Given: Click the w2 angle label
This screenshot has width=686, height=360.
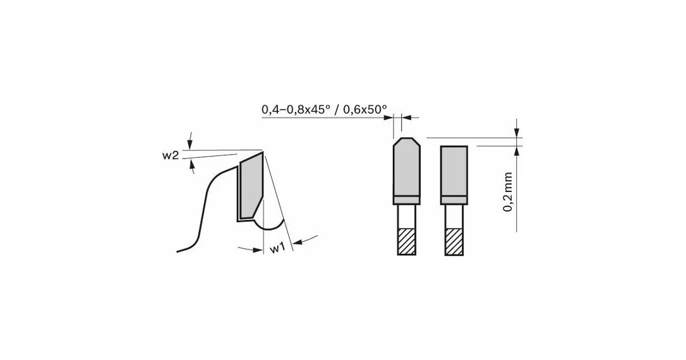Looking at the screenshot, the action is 171,155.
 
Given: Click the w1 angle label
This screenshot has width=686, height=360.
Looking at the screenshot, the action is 277,248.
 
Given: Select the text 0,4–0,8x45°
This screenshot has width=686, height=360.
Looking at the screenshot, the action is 296,109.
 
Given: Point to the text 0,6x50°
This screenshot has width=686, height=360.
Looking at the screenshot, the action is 365,109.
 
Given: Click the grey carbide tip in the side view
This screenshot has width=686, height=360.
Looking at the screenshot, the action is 251,186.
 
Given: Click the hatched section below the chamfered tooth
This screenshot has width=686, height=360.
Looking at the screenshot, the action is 406,241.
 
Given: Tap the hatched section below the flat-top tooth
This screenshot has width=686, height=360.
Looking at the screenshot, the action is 454,241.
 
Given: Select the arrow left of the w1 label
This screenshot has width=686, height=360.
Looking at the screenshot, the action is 250,249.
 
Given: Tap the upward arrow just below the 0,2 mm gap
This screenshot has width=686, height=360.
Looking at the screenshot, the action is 517,151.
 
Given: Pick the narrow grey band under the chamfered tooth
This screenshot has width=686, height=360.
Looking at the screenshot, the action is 407,200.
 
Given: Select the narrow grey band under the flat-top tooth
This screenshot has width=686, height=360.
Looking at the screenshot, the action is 454,200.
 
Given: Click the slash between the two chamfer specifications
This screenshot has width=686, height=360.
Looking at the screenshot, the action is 336,109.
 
